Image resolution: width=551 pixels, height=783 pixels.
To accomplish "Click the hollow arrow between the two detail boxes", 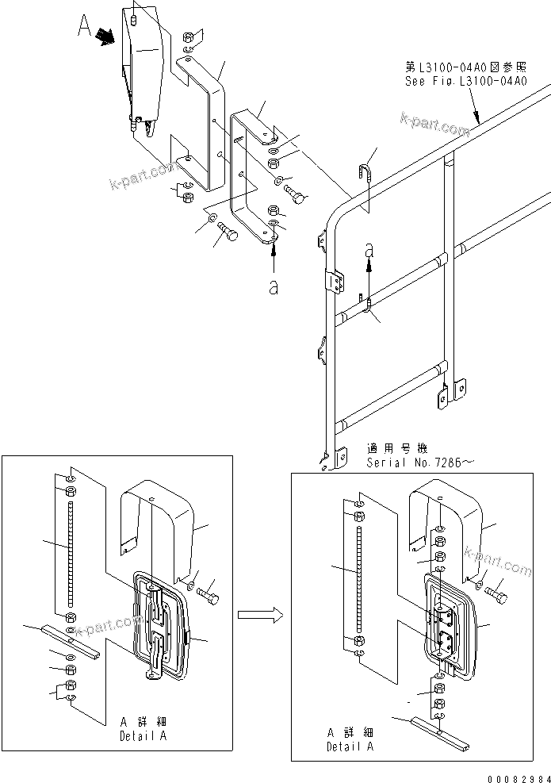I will pyautogui.click(x=261, y=613).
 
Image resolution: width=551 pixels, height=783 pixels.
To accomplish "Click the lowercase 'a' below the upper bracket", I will pyautogui.click(x=274, y=286).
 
